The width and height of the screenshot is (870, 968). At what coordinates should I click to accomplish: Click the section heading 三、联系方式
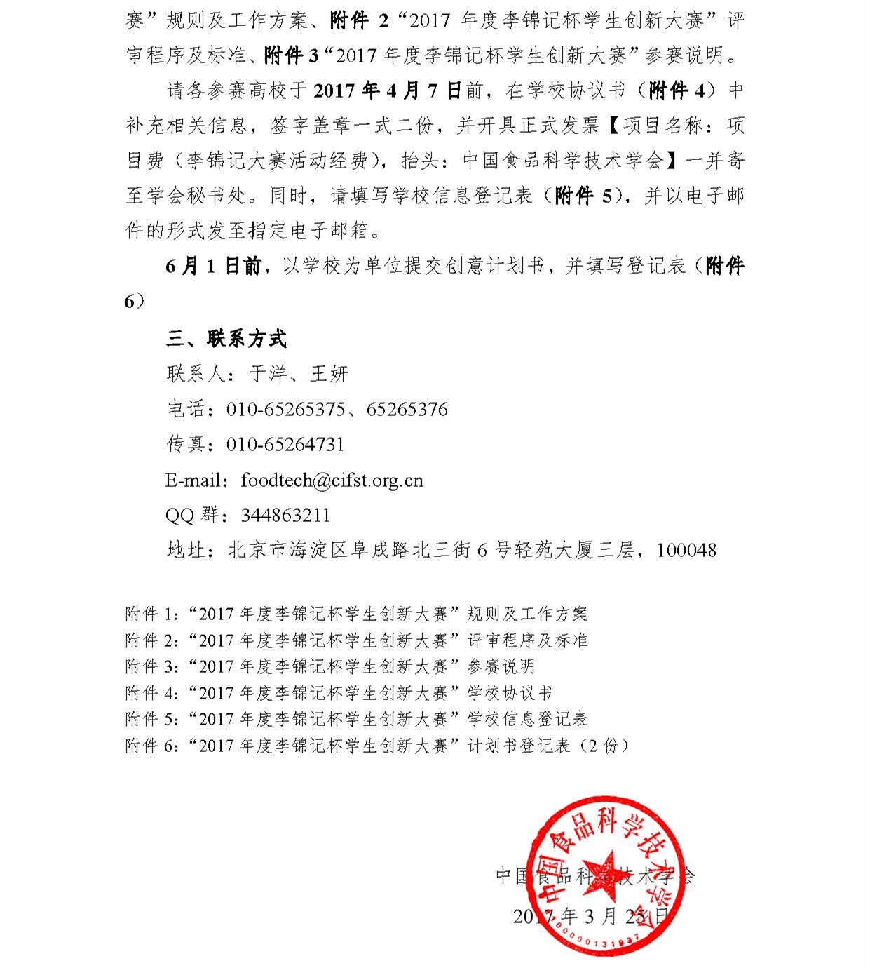[226, 339]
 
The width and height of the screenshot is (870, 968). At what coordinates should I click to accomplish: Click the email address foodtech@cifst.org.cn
[332, 480]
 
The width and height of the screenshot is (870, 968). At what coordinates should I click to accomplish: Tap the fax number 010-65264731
[285, 445]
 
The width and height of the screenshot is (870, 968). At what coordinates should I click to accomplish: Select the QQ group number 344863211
[285, 516]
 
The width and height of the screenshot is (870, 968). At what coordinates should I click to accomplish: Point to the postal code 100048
[686, 550]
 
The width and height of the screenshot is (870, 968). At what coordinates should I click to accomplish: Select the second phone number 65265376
[407, 410]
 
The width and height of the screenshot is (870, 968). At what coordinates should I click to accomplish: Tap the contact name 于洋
[269, 374]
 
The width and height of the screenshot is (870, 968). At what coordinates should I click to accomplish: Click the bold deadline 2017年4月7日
[387, 90]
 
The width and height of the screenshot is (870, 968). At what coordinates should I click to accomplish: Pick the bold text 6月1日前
[213, 266]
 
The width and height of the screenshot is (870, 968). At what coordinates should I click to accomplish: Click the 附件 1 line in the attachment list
[356, 614]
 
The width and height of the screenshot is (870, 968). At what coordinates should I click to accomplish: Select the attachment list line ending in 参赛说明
[329, 666]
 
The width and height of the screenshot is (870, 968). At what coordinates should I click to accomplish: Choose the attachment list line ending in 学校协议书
[339, 693]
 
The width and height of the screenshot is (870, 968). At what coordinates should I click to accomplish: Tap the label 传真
[185, 445]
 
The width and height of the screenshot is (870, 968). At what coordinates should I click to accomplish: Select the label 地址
[186, 550]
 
